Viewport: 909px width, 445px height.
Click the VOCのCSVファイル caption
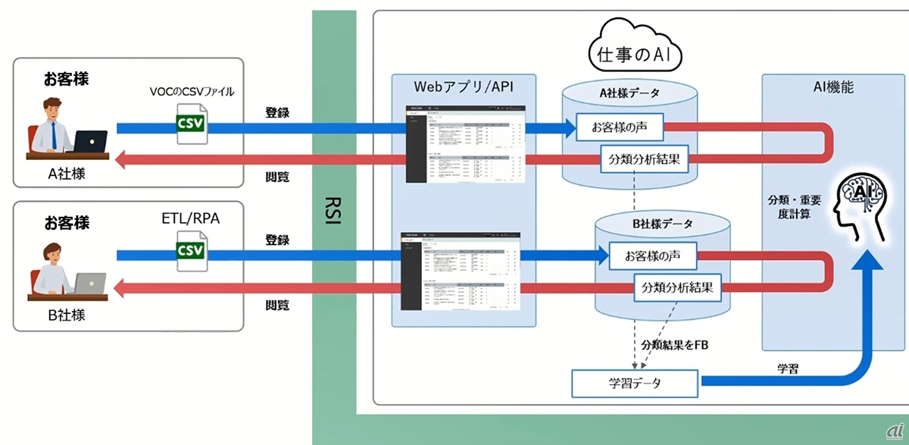coord(192,92)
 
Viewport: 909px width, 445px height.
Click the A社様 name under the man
coord(67,174)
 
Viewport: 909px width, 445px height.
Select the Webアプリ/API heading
coord(463,87)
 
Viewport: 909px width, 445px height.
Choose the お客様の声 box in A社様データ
coord(620,127)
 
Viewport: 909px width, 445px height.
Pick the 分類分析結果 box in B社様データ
coord(677,287)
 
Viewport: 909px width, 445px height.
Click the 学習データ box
coord(634,383)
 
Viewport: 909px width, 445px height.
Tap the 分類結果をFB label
coord(674,345)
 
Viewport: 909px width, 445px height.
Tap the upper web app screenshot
coord(464,143)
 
